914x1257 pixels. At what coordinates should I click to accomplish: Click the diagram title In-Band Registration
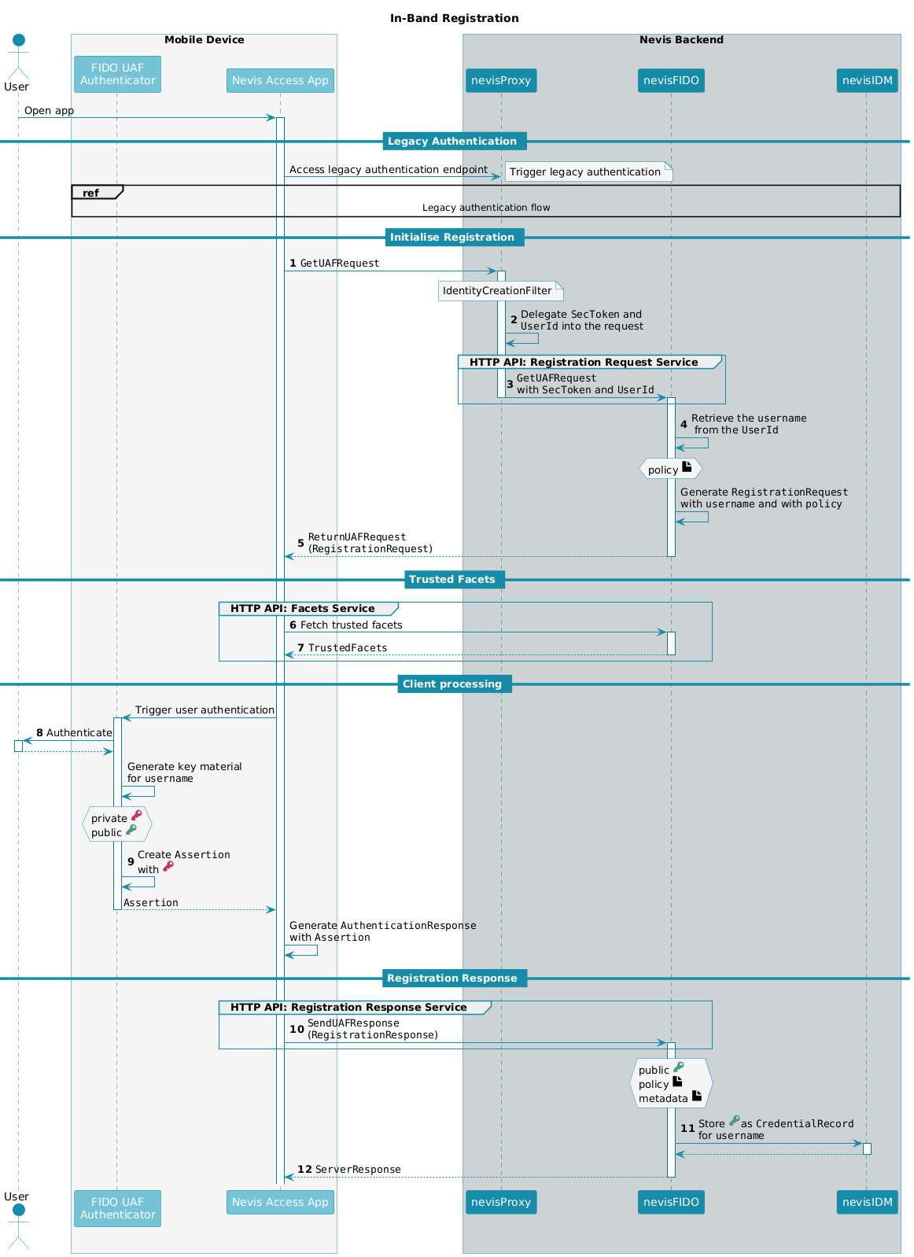(x=454, y=18)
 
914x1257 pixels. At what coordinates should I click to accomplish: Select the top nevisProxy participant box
(x=500, y=80)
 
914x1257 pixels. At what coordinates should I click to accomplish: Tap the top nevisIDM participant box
(x=867, y=80)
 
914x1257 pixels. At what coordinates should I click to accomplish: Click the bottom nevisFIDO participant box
(x=670, y=1201)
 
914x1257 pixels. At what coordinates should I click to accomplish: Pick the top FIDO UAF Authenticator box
(x=117, y=74)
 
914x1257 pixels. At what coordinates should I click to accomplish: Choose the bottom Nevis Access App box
(x=280, y=1201)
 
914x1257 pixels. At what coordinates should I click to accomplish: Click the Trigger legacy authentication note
(x=588, y=171)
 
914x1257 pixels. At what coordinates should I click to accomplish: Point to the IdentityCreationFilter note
(x=500, y=291)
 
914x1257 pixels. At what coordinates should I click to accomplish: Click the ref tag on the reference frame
(x=91, y=193)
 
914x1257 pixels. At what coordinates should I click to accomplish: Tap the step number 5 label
(x=300, y=543)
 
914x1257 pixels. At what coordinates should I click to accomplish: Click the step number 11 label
(x=688, y=1128)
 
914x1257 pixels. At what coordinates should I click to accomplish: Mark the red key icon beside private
(x=136, y=815)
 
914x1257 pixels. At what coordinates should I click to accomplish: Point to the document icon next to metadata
(x=697, y=1095)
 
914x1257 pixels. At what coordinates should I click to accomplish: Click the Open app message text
(x=49, y=111)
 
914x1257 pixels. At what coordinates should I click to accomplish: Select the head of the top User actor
(x=19, y=40)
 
